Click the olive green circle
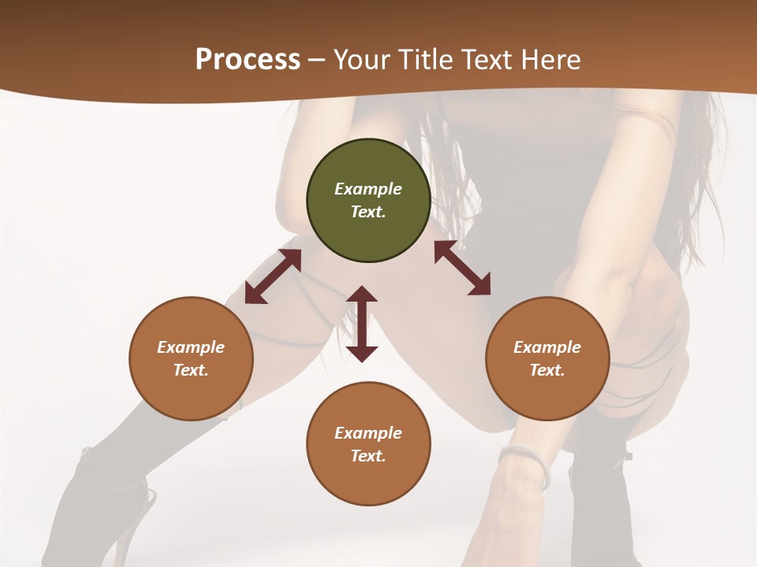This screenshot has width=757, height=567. tap(368, 201)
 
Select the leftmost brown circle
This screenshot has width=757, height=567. tap(191, 359)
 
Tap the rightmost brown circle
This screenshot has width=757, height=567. tap(547, 359)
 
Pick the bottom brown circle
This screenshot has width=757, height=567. tap(368, 444)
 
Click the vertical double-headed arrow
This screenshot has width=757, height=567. tap(362, 324)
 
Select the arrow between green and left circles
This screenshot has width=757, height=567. tap(273, 276)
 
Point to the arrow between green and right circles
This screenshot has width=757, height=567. tap(462, 268)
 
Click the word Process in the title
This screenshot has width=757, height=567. tap(248, 59)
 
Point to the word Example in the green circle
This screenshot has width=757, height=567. tap(368, 189)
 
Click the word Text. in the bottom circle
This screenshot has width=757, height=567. tap(368, 456)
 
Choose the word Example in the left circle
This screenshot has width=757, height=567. tap(191, 347)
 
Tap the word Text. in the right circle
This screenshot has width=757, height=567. tap(547, 370)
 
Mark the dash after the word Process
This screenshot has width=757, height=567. tap(317, 60)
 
